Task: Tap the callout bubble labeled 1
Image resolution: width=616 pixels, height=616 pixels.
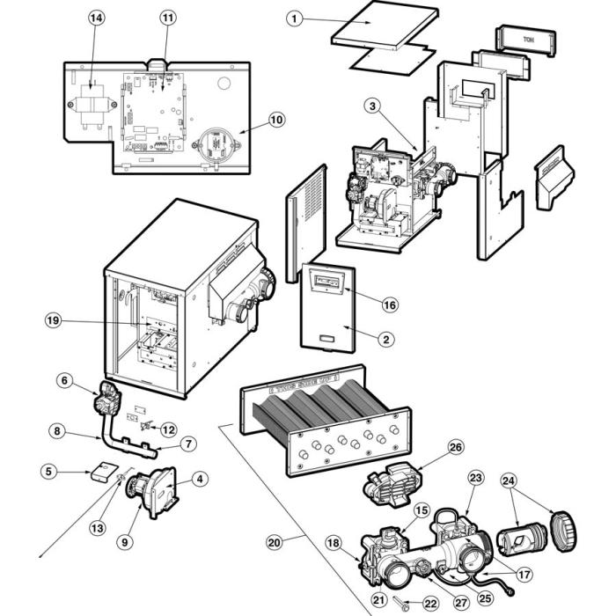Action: tap(295, 18)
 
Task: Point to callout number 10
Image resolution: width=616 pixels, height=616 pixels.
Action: tap(276, 119)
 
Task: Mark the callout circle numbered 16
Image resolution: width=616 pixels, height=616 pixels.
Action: tap(390, 304)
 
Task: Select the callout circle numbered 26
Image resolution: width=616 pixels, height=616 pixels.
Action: tap(455, 446)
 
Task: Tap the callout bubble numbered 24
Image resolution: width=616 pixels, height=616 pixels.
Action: tap(509, 480)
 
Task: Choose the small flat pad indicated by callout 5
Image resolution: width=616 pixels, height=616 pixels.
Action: tap(105, 470)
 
